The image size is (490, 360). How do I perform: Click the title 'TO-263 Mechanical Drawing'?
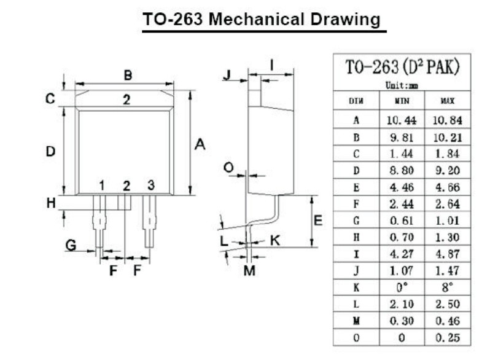point(262,19)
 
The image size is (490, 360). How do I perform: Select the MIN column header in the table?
point(402,100)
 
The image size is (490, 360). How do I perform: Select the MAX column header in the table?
point(448,100)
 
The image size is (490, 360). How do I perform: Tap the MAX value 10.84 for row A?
point(448,120)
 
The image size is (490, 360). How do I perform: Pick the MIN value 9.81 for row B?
point(402,137)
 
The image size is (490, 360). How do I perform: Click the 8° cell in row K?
point(448,287)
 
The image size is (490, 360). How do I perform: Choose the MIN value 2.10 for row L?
point(402,303)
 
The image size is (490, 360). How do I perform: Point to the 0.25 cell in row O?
point(448,337)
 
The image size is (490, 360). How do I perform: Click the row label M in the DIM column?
point(356,320)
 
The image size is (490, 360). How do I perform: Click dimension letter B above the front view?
point(128,76)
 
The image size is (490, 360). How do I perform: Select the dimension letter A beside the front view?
point(200,145)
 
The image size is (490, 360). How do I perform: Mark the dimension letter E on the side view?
point(318,221)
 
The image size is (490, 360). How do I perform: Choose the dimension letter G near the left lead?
point(71,245)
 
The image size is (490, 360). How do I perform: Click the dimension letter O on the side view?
point(228,167)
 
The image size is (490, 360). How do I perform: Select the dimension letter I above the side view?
point(271,64)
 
